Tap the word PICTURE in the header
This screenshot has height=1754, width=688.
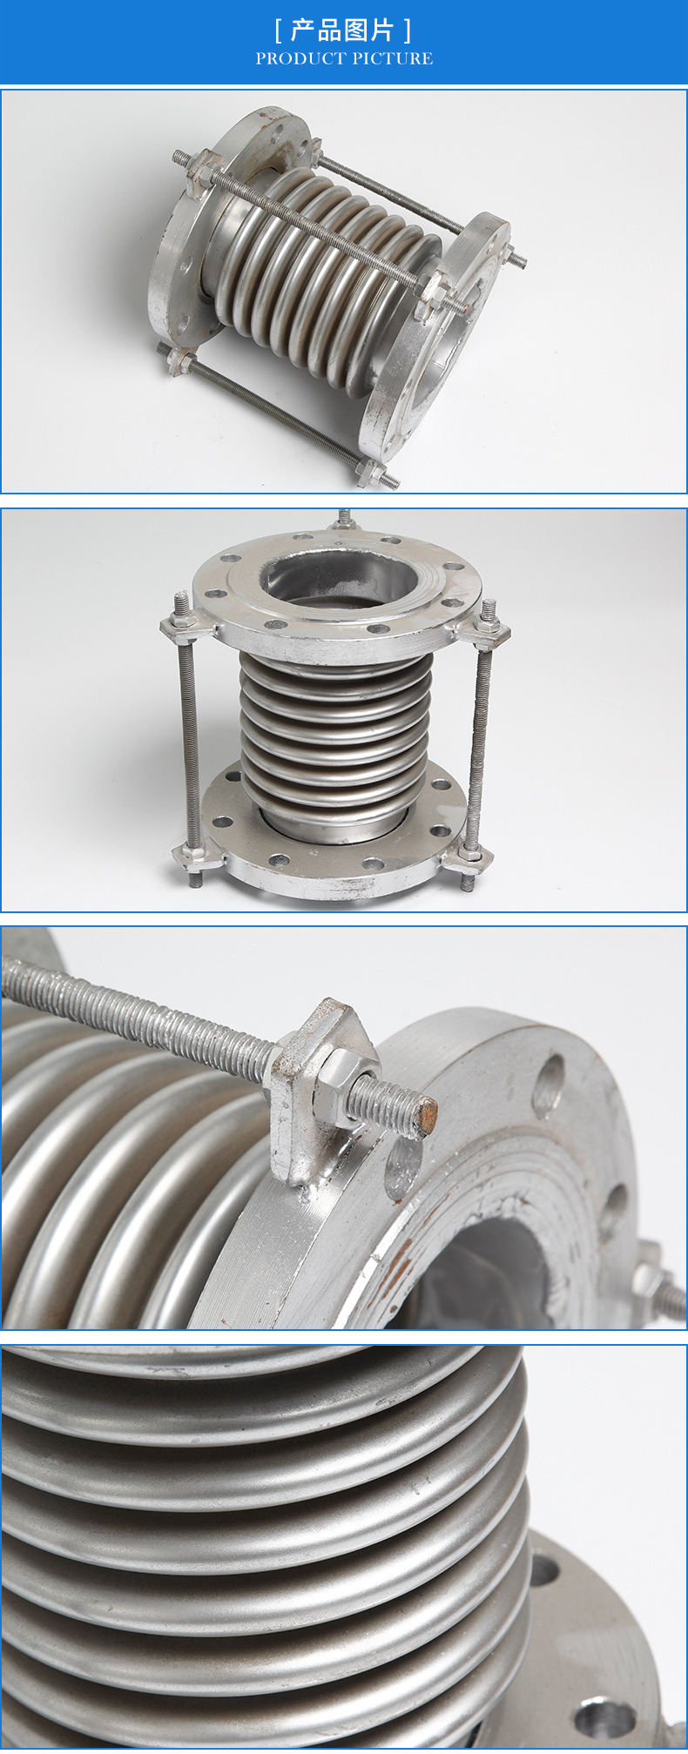tap(393, 58)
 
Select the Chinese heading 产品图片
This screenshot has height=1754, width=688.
tap(343, 30)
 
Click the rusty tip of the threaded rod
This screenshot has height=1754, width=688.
tap(425, 1116)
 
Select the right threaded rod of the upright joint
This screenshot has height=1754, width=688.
tap(480, 740)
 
